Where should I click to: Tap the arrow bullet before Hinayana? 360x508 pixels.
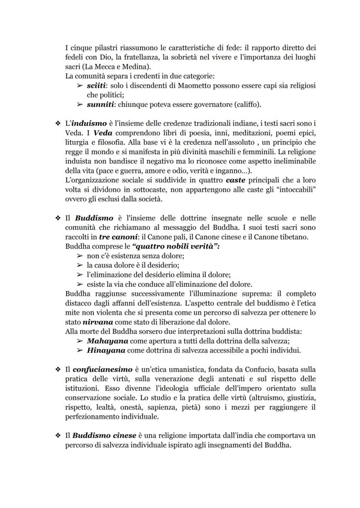click(x=80, y=351)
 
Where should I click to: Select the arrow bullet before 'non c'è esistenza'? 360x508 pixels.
click(x=80, y=256)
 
